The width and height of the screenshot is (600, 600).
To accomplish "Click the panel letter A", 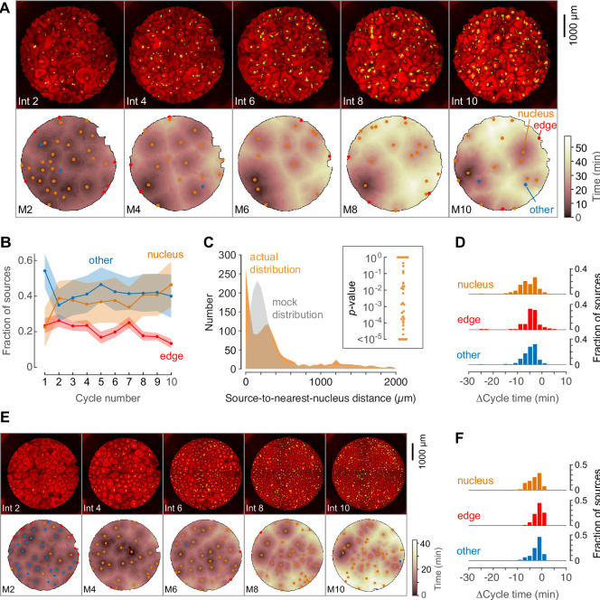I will coord(7,8).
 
